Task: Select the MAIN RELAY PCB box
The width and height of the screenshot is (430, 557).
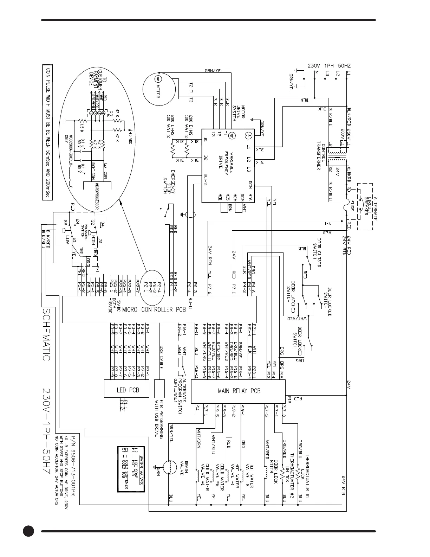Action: (238, 391)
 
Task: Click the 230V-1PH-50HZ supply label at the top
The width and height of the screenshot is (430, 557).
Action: (329, 65)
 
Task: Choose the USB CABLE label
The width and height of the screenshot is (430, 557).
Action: (162, 358)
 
